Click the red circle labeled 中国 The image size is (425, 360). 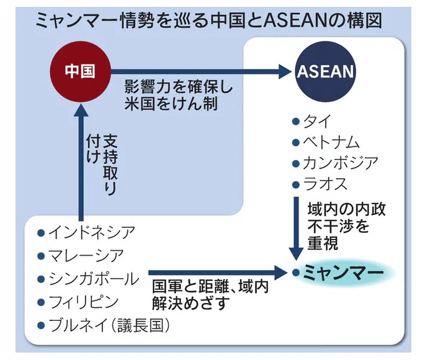[79, 72]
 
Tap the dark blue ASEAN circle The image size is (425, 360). [326, 72]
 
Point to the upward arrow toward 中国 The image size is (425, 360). [79, 161]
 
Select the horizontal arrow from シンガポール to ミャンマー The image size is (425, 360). [217, 272]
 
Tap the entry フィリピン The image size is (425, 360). [84, 302]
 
